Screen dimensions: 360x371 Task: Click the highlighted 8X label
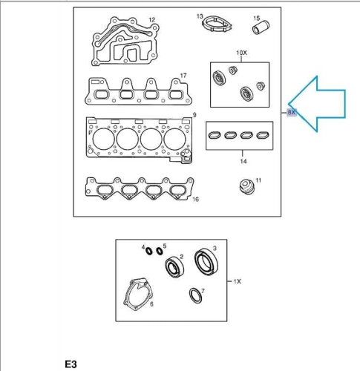pyautogui.click(x=292, y=112)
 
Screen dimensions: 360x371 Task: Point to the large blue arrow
pyautogui.click(x=319, y=104)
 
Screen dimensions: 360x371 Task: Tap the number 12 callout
pyautogui.click(x=151, y=20)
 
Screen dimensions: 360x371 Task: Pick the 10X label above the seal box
pyautogui.click(x=241, y=53)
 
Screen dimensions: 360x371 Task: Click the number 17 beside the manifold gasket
pyautogui.click(x=183, y=76)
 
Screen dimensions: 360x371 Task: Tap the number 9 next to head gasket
pyautogui.click(x=194, y=115)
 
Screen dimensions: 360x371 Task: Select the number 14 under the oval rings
pyautogui.click(x=243, y=161)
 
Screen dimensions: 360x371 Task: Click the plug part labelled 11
pyautogui.click(x=246, y=187)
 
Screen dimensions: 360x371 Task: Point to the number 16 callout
pyautogui.click(x=195, y=200)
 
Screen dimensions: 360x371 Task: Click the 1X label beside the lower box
pyautogui.click(x=237, y=281)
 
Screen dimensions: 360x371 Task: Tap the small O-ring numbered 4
pyautogui.click(x=149, y=252)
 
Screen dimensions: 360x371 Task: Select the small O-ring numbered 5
pyautogui.click(x=160, y=252)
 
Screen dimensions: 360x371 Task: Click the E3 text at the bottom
pyautogui.click(x=71, y=364)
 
